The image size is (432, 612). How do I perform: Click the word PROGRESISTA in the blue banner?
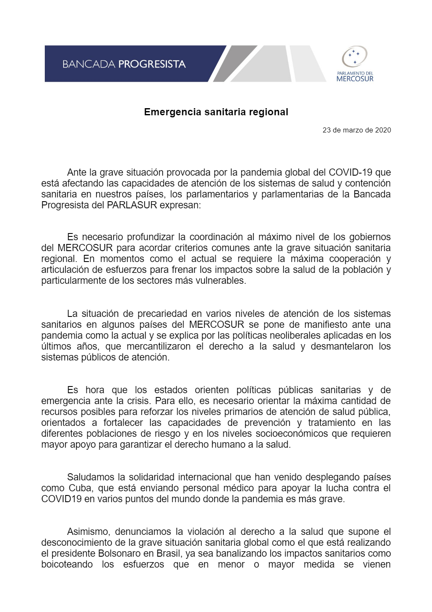pyautogui.click(x=152, y=64)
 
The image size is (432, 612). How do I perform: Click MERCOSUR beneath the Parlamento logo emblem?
pyautogui.click(x=355, y=78)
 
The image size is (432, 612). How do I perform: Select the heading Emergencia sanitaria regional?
pyautogui.click(x=216, y=112)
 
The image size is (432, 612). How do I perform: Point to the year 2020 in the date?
pyautogui.click(x=383, y=130)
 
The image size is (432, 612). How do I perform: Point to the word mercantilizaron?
pyautogui.click(x=159, y=346)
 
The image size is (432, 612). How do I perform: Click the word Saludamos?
pyautogui.click(x=91, y=477)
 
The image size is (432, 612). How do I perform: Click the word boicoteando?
pyautogui.click(x=67, y=564)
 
